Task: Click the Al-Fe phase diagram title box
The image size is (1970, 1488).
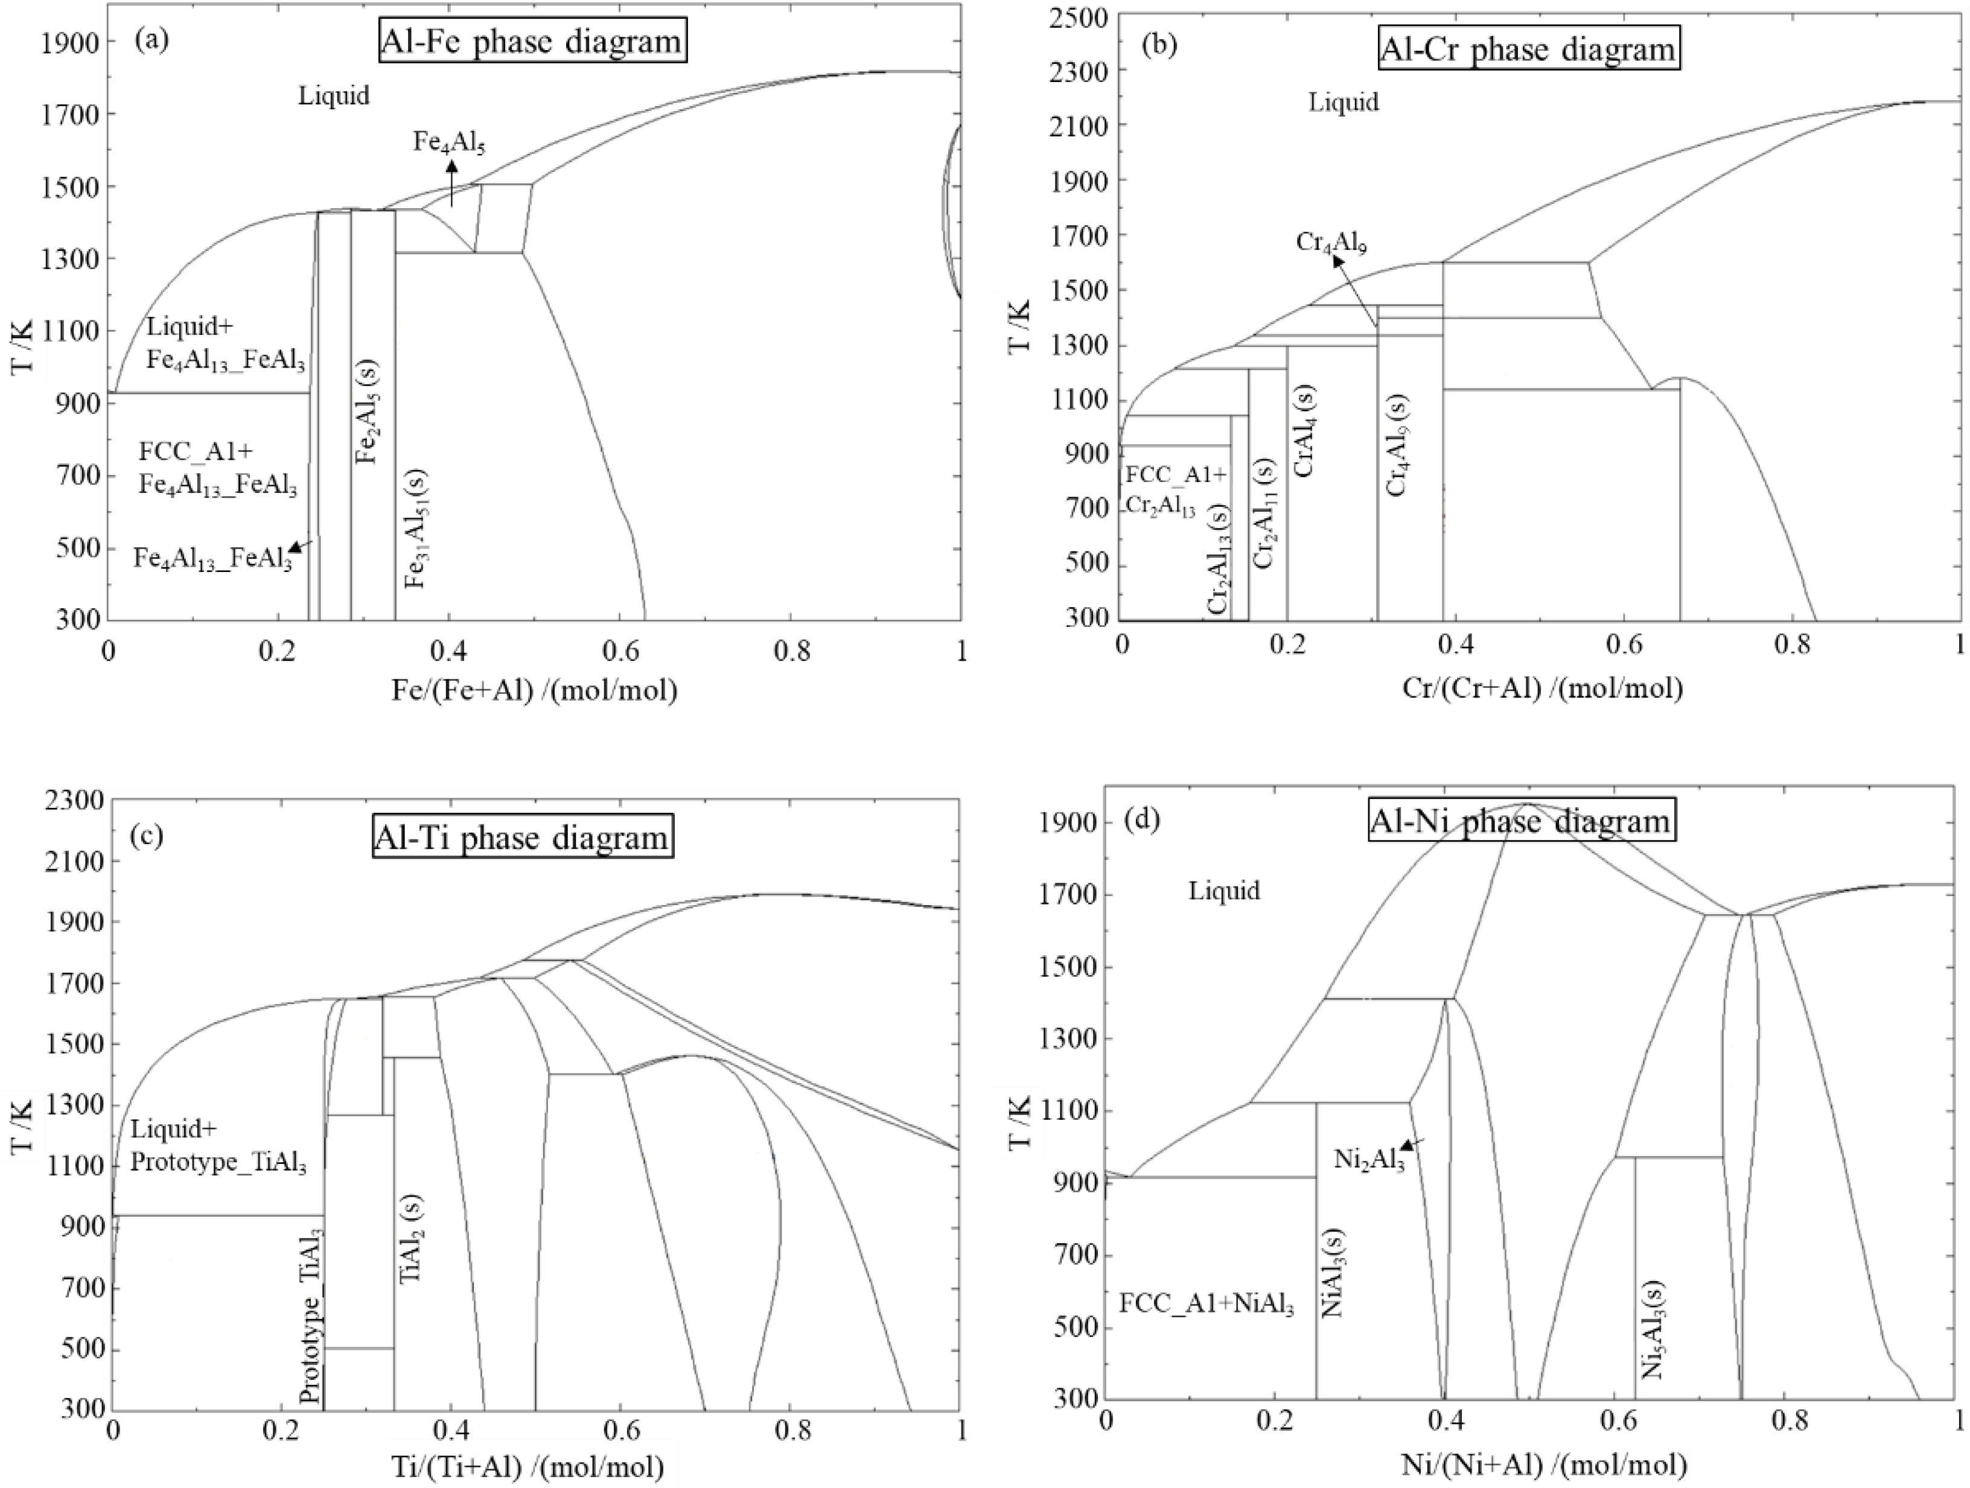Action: point(532,41)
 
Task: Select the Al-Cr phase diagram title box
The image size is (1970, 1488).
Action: point(1528,49)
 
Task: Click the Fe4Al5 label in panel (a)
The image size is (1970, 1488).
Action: point(449,142)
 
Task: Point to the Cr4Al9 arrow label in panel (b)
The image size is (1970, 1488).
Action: point(1331,243)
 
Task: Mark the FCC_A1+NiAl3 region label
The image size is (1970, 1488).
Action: point(1206,1305)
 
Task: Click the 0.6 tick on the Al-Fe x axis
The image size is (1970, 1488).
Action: point(620,651)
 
